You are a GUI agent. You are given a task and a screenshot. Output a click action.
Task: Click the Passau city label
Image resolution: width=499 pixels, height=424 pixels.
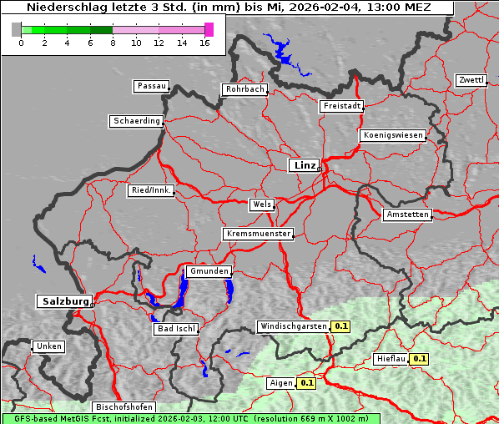pos(151,86)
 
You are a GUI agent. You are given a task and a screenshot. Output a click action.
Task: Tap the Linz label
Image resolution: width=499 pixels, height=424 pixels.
pos(304,165)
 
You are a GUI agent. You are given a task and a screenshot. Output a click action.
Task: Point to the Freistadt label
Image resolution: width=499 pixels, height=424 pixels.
pos(341,106)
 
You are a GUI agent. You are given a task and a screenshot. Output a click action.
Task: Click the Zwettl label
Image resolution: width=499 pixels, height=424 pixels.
pos(471,80)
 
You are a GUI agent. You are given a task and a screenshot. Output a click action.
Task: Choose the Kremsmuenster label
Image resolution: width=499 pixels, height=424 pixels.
pos(258,234)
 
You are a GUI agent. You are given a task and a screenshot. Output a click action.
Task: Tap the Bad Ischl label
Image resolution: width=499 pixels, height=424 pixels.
pos(176,329)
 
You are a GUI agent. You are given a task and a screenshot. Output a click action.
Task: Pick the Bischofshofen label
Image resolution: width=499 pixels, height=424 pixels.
pos(123,408)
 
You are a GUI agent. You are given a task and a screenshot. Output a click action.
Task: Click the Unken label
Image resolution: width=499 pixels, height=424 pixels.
pos(48,346)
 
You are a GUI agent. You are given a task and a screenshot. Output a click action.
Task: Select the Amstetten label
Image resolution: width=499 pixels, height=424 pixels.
pos(407,215)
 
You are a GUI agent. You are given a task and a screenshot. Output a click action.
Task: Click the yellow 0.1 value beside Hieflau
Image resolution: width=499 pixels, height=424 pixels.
pos(420,359)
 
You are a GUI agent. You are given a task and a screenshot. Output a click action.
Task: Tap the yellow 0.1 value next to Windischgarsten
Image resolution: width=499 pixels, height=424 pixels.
pos(340,326)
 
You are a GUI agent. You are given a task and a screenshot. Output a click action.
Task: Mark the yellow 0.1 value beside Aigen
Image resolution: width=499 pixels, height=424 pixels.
pos(307,383)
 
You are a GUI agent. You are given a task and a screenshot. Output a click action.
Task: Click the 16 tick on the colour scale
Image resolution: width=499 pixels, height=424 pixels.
pos(205,43)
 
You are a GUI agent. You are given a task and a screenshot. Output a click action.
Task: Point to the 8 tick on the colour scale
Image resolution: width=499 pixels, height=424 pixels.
pos(113,43)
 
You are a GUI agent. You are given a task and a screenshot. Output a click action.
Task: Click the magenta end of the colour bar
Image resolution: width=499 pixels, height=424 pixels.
pos(209,29)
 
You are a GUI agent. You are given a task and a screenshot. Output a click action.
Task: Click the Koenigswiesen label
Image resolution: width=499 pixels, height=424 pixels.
pos(393,135)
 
